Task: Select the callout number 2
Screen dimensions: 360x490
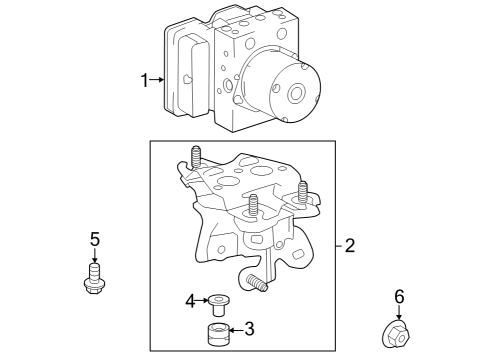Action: point(350,245)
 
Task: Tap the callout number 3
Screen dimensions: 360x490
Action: point(250,327)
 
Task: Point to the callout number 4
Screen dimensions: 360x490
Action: point(190,300)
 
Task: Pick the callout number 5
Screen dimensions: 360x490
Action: point(95,239)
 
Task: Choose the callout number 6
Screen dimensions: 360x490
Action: point(399,296)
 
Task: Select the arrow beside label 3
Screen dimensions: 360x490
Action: point(236,327)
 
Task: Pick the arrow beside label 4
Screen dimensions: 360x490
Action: point(202,300)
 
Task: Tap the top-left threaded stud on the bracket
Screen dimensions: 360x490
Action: point(194,158)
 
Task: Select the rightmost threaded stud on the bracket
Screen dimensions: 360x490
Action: point(303,191)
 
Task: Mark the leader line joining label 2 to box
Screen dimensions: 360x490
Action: point(339,245)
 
